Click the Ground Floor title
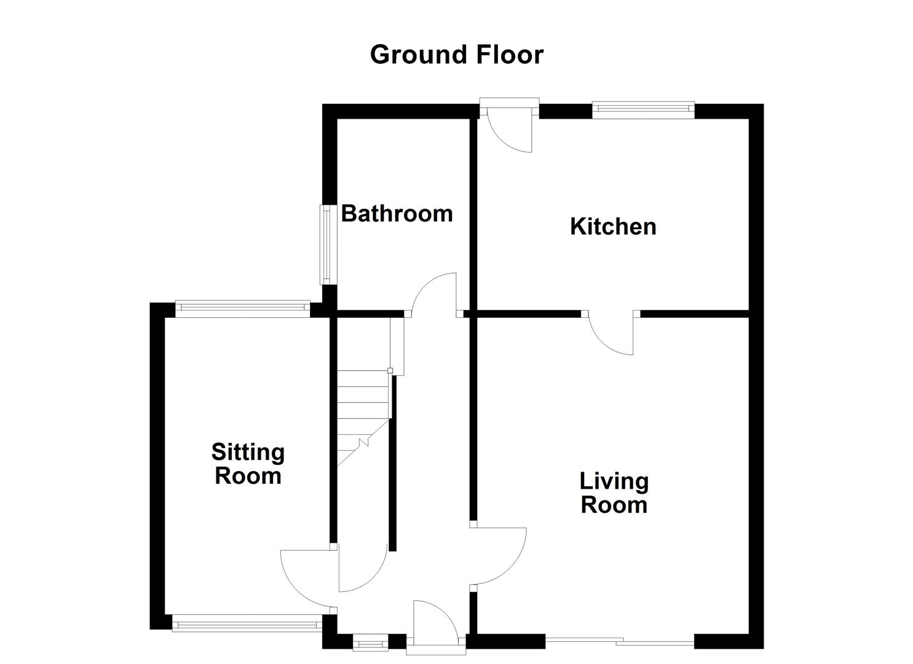click(x=456, y=55)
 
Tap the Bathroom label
click(x=397, y=213)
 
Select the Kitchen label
click(x=613, y=226)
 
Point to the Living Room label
click(x=614, y=492)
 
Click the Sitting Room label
click(x=248, y=464)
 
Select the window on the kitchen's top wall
click(x=643, y=110)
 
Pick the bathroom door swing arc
click(x=433, y=294)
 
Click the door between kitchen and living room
click(x=611, y=333)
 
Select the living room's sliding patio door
click(x=620, y=642)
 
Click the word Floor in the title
click(x=510, y=55)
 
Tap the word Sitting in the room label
click(x=248, y=453)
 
